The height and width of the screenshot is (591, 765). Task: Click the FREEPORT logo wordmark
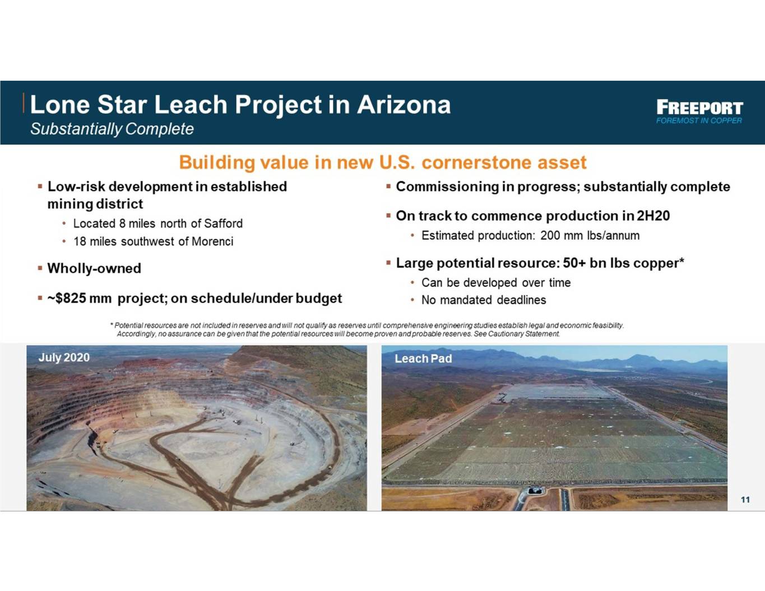[x=699, y=108]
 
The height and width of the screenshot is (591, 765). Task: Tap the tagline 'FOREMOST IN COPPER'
[x=699, y=120]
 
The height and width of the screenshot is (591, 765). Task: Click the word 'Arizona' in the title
[x=404, y=105]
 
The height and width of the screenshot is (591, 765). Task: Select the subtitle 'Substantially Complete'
[x=112, y=129]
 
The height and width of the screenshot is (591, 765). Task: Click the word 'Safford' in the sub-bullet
[x=223, y=224]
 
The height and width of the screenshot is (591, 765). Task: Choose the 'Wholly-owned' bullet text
[x=94, y=269]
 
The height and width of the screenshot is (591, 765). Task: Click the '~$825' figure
[x=67, y=299]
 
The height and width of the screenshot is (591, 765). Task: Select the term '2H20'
[x=653, y=216]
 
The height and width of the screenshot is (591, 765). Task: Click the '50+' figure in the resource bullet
[x=574, y=263]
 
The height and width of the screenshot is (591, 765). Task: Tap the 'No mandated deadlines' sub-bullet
[x=484, y=300]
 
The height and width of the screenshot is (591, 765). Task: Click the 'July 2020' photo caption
[x=64, y=357]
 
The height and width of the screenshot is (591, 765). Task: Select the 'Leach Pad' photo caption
[x=423, y=359]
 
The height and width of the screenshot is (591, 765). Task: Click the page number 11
[x=745, y=500]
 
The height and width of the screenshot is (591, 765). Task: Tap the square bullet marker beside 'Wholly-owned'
[x=40, y=268]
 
